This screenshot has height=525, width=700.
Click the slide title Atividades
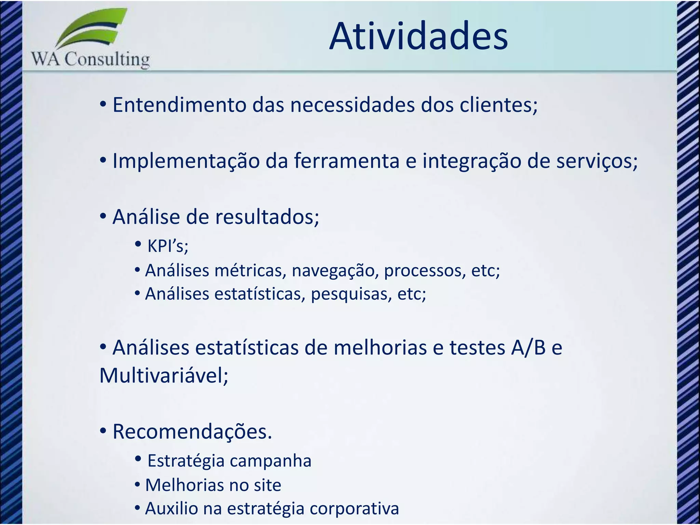coord(418,36)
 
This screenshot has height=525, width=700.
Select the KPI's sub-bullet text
coord(167,246)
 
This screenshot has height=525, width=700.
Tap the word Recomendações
coord(192,432)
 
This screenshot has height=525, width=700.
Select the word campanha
coord(270,461)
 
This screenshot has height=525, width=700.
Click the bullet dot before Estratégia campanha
coord(138,459)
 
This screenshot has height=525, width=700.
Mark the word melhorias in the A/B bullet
coord(380,348)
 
